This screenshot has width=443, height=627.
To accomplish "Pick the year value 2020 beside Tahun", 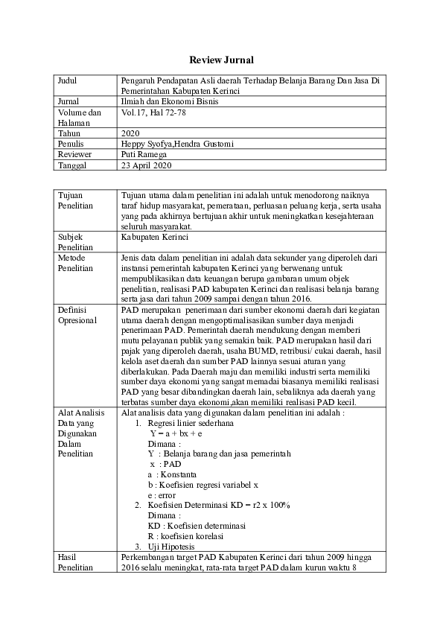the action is [x=130, y=133].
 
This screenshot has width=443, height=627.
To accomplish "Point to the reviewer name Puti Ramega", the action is [x=145, y=154].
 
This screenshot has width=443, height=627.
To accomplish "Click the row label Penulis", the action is [x=71, y=144].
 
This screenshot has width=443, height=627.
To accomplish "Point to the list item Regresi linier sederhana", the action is [x=191, y=421].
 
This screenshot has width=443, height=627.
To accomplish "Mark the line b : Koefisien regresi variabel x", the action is [x=203, y=484].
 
